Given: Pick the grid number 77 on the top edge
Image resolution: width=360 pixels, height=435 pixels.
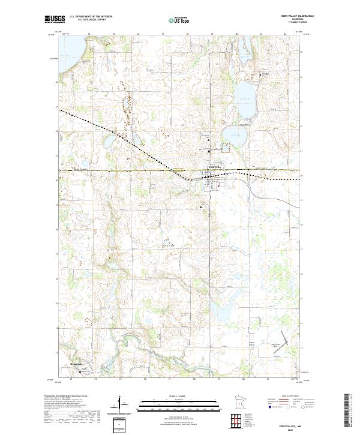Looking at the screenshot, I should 163,34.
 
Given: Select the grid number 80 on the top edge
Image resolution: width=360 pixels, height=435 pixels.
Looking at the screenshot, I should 237,34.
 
